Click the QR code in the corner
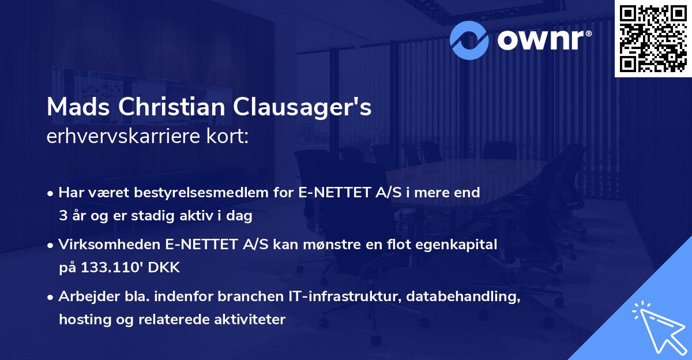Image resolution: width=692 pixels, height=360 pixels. (x=653, y=38)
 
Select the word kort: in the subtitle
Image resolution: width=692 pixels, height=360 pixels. (x=229, y=137)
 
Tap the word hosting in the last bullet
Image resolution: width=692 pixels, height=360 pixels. (x=81, y=319)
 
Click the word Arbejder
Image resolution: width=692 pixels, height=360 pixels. (x=85, y=297)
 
